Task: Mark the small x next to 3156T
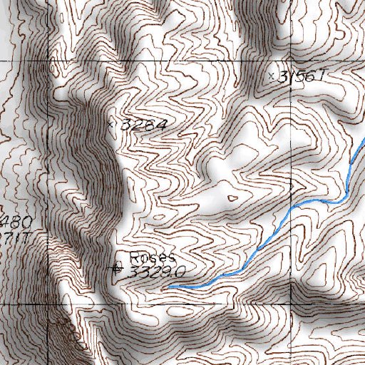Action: [271, 75]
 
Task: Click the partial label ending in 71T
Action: [14, 235]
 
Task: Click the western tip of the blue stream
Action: [169, 287]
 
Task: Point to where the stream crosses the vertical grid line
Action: [292, 207]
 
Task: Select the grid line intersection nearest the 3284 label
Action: [51, 63]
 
